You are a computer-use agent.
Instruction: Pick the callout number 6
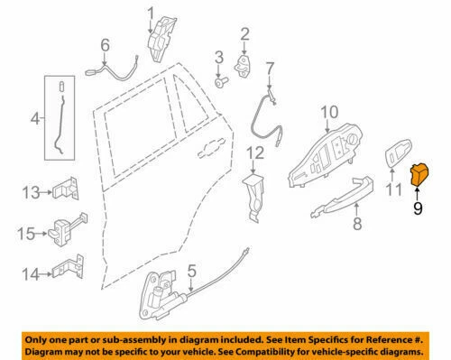pos(105,43)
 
